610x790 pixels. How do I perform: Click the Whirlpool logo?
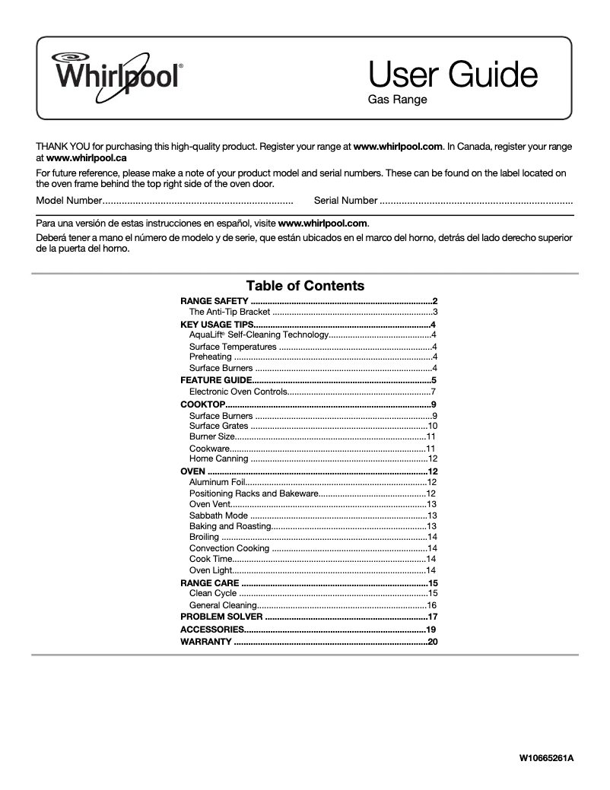pyautogui.click(x=116, y=75)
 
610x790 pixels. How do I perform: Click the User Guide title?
pyautogui.click(x=453, y=75)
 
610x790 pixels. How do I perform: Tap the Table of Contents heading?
pyautogui.click(x=305, y=286)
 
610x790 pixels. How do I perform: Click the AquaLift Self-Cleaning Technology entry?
pyautogui.click(x=259, y=335)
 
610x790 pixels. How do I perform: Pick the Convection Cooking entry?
pyautogui.click(x=229, y=548)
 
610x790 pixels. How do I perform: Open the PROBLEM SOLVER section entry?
pyautogui.click(x=221, y=617)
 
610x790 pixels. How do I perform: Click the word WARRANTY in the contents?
pyautogui.click(x=206, y=642)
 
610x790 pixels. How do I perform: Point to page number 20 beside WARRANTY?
pyautogui.click(x=433, y=642)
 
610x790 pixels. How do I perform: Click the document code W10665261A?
pyautogui.click(x=546, y=758)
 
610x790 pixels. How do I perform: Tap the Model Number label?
pyautogui.click(x=68, y=200)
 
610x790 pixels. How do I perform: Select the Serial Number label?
pyautogui.click(x=345, y=200)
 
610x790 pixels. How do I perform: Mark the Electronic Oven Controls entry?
pyautogui.click(x=238, y=392)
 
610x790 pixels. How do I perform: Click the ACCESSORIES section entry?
pyautogui.click(x=211, y=630)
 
